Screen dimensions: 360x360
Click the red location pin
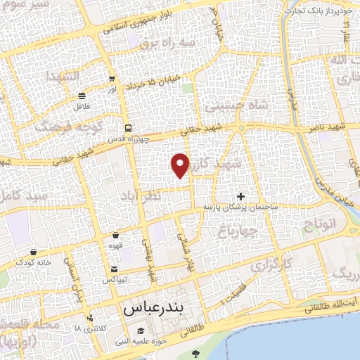(181, 165)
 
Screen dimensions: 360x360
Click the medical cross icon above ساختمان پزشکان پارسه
(241, 196)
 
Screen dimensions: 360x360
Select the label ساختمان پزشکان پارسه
(241, 207)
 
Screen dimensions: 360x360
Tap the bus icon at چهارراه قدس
(127, 128)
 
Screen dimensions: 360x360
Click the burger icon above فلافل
(82, 96)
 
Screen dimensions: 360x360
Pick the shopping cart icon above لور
(112, 79)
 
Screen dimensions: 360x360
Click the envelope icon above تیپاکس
(115, 269)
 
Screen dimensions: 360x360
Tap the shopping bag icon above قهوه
(115, 236)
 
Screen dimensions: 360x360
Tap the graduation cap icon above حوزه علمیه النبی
(141, 331)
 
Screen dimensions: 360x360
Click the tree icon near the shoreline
(195, 352)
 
